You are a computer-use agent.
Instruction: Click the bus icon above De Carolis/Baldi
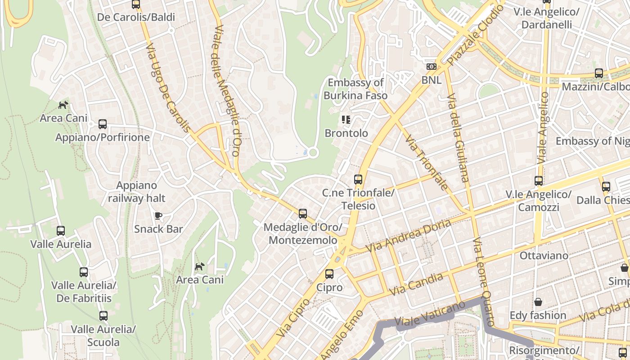click(136, 4)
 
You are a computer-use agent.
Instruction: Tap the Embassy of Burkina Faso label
click(355, 89)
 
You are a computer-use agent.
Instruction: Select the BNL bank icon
click(432, 67)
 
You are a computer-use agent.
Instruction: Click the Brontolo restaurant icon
click(346, 120)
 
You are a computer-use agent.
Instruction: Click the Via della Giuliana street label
click(459, 138)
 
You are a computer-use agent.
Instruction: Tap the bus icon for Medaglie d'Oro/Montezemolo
click(303, 214)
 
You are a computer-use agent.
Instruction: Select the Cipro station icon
click(329, 274)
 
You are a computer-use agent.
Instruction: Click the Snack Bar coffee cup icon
click(158, 216)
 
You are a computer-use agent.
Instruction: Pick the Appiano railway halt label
click(137, 192)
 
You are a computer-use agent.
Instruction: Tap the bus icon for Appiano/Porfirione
click(103, 124)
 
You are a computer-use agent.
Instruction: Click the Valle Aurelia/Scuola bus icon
click(103, 316)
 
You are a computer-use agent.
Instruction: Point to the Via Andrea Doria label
click(408, 236)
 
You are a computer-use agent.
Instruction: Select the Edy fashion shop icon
click(538, 302)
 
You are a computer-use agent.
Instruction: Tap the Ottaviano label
click(544, 256)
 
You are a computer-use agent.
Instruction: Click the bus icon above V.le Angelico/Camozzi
click(539, 181)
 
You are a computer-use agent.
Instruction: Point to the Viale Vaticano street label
click(430, 314)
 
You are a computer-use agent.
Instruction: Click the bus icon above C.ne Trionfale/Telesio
click(358, 180)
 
